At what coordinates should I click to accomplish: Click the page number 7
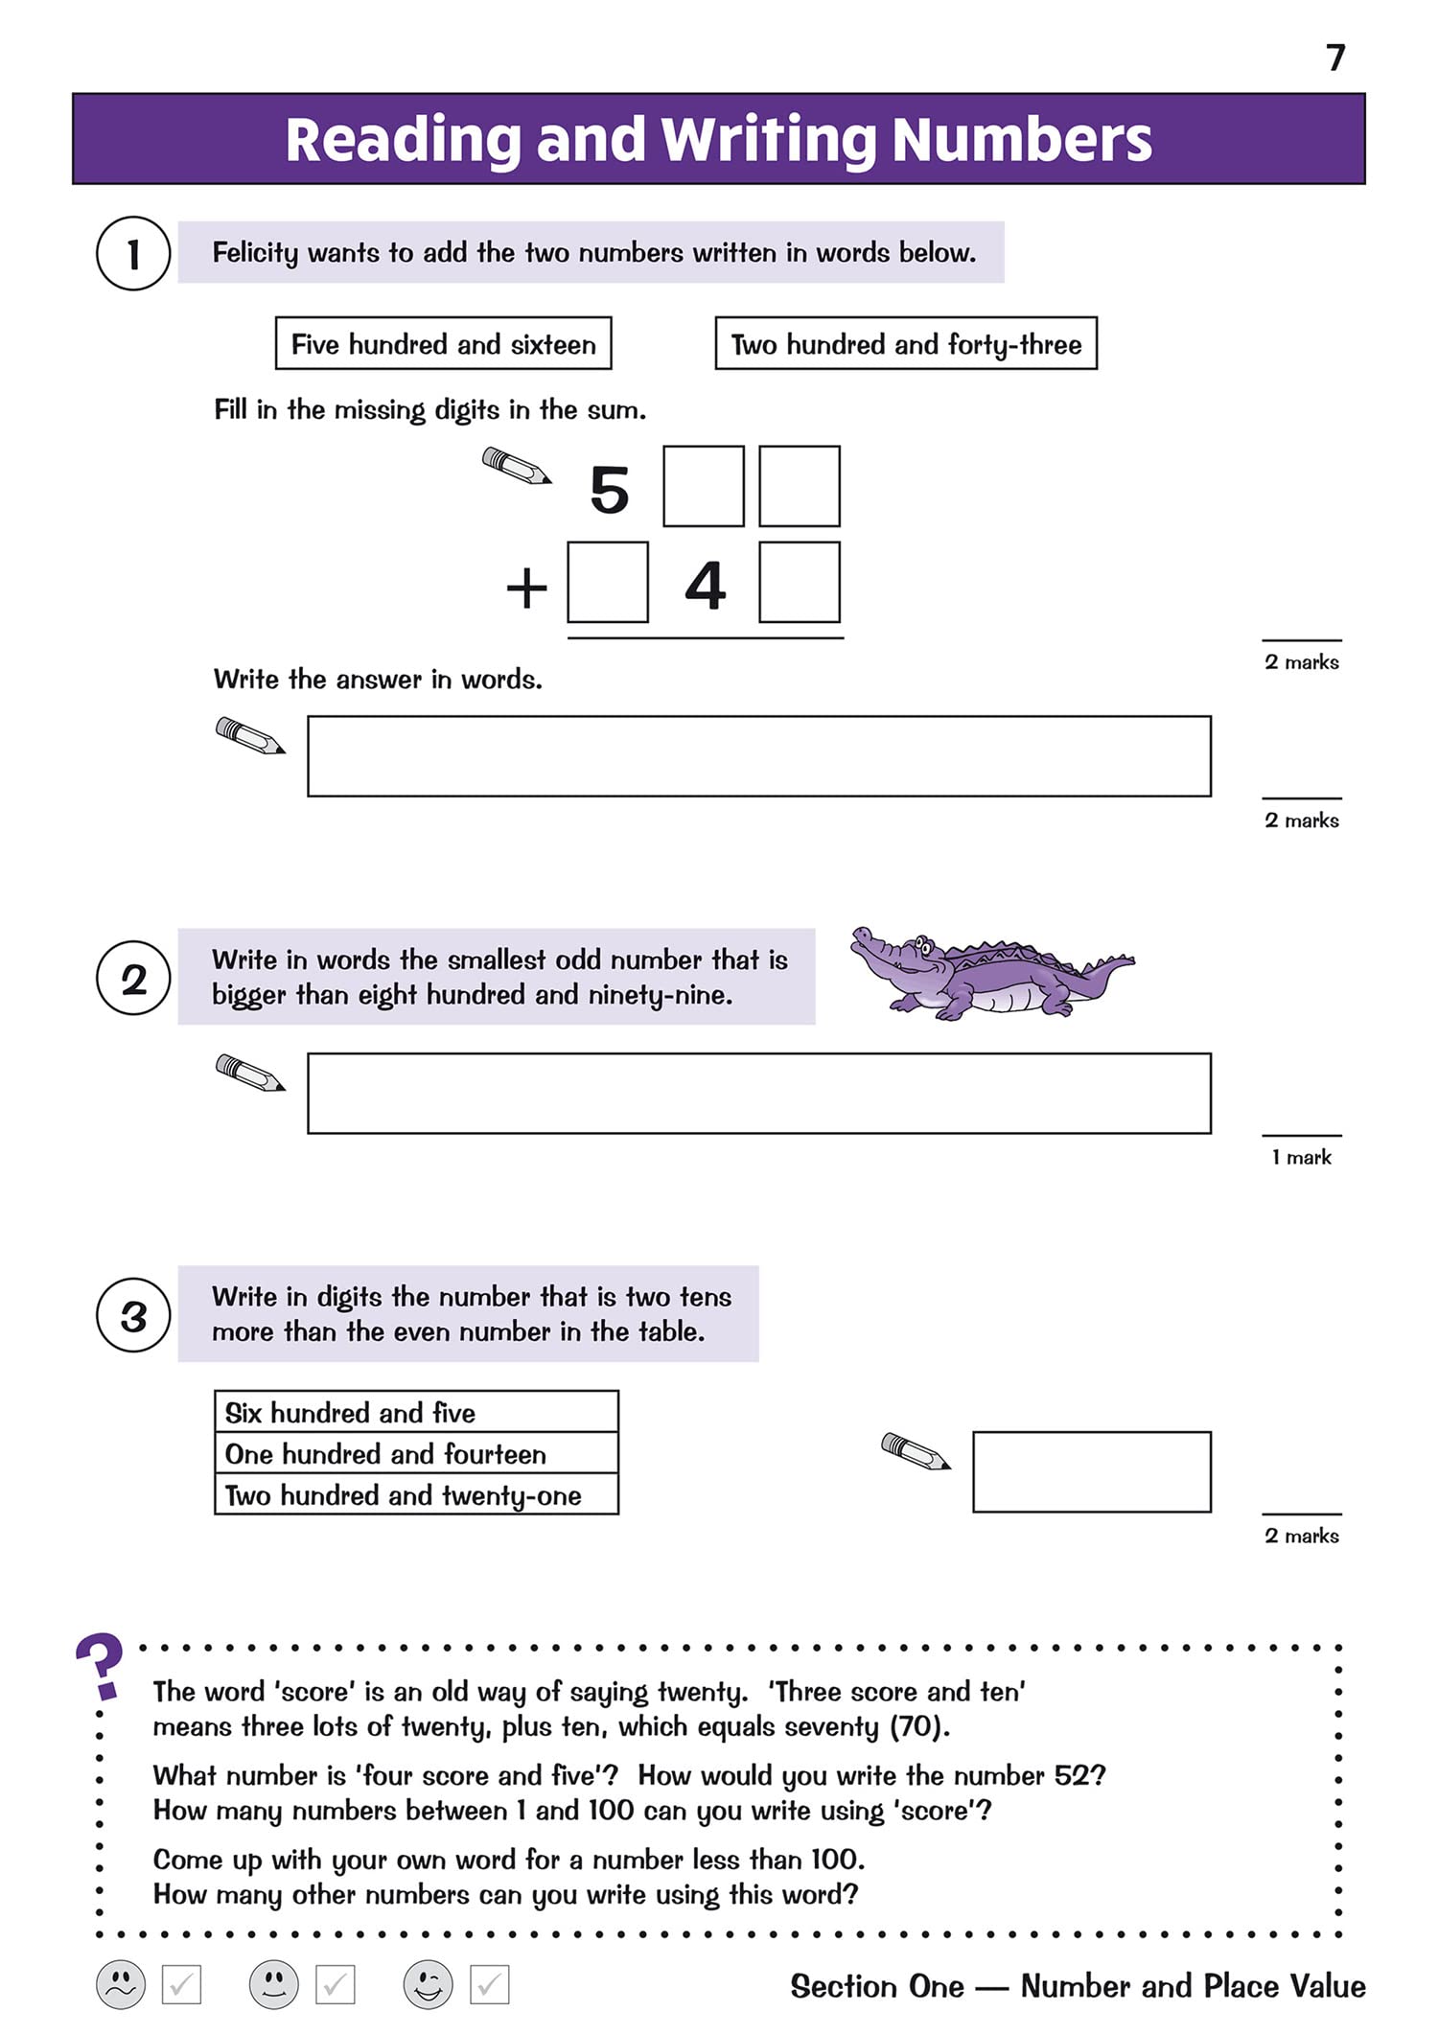(x=1335, y=58)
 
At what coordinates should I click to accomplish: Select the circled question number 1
(x=133, y=254)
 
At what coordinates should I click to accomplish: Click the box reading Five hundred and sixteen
(x=443, y=344)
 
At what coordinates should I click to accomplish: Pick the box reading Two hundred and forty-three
(x=906, y=344)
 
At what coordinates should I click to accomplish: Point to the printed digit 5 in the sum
(x=610, y=490)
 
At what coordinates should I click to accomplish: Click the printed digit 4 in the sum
(x=705, y=585)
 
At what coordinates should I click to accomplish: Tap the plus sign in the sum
(x=526, y=588)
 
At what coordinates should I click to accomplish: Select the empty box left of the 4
(x=608, y=583)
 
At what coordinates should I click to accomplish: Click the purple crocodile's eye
(x=921, y=944)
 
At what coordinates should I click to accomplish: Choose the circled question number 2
(x=133, y=979)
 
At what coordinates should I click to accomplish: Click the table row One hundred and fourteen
(x=416, y=1454)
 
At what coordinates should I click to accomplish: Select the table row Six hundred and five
(x=416, y=1413)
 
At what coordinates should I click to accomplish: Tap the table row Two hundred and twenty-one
(x=416, y=1495)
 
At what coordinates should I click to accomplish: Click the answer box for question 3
(x=1091, y=1472)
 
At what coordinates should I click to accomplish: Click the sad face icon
(x=121, y=1984)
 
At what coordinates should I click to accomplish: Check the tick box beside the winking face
(x=489, y=1984)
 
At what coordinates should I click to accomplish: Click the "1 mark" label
(x=1301, y=1158)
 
